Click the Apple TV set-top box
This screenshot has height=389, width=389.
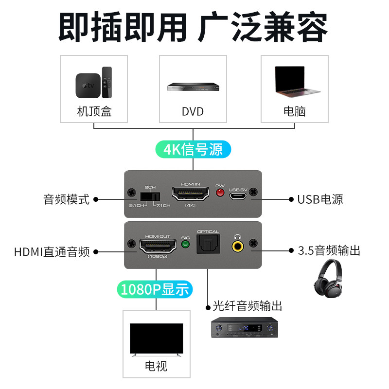88,86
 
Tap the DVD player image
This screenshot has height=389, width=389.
193,87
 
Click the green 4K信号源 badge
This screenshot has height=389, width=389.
193,149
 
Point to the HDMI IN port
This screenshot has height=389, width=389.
191,194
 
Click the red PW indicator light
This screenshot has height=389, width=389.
220,193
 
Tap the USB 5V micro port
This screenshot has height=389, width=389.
238,196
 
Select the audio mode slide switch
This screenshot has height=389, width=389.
150,197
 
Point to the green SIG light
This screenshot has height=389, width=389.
185,245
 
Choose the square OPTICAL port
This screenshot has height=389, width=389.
208,244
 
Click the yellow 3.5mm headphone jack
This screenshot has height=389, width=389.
237,247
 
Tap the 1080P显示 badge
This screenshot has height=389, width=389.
155,289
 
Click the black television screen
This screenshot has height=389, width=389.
156,338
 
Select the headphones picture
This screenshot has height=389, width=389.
328,278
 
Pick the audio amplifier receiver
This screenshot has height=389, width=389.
245,327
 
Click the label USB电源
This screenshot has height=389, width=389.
320,199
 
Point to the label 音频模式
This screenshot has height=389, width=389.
66,199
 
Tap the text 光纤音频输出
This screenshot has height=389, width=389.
248,306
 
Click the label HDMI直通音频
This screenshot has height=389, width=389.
52,252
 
